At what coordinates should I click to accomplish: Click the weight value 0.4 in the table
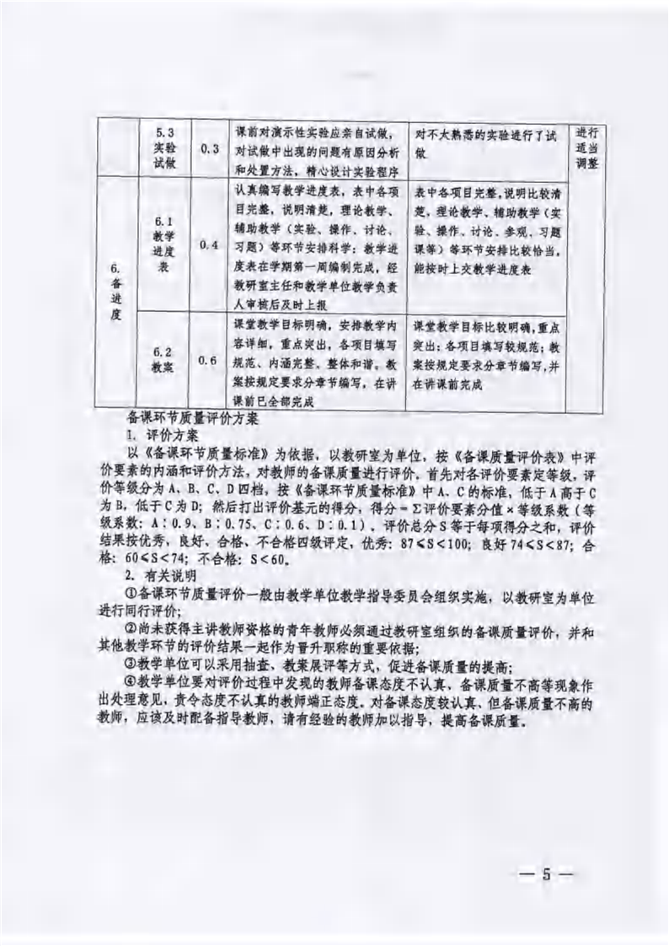click(x=210, y=245)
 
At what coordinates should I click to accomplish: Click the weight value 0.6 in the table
click(x=210, y=361)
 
